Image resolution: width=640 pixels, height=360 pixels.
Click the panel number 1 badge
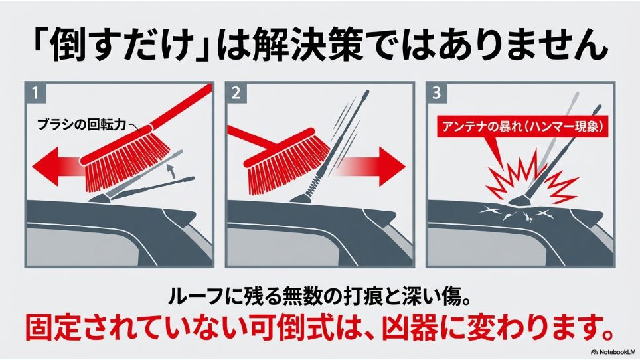[x=33, y=92]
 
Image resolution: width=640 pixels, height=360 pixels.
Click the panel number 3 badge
[x=436, y=92]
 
